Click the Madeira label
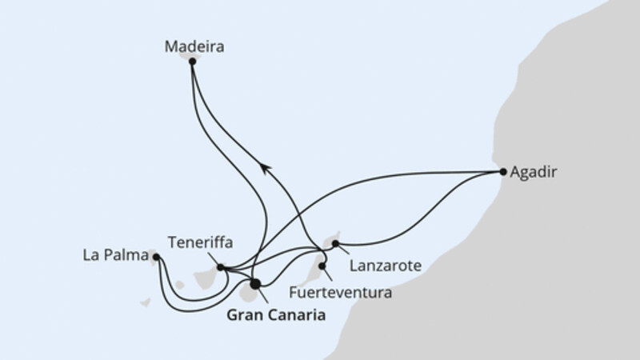pyautogui.click(x=194, y=47)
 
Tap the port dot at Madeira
pyautogui.click(x=192, y=62)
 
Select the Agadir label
pyautogui.click(x=533, y=172)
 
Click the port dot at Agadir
pyautogui.click(x=503, y=172)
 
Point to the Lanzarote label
pyautogui.click(x=386, y=266)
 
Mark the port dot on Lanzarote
pyautogui.click(x=335, y=244)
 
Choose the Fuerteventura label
pyautogui.click(x=341, y=293)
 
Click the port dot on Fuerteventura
pyautogui.click(x=322, y=266)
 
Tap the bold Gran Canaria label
pyautogui.click(x=276, y=315)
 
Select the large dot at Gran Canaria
pyautogui.click(x=255, y=284)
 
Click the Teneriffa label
pyautogui.click(x=201, y=243)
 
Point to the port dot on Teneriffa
pyautogui.click(x=221, y=267)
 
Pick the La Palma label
pyautogui.click(x=115, y=255)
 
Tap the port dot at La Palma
pyautogui.click(x=156, y=257)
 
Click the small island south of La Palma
pyautogui.click(x=146, y=302)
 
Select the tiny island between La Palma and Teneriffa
pyautogui.click(x=179, y=285)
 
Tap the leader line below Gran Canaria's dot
pyautogui.click(x=263, y=295)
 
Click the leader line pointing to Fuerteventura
pyautogui.click(x=328, y=275)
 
